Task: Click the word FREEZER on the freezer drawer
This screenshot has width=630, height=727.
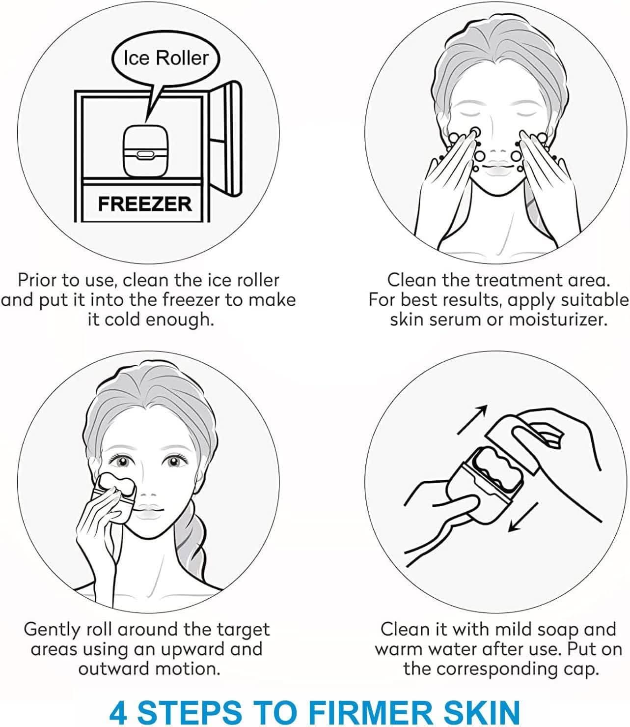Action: click(145, 204)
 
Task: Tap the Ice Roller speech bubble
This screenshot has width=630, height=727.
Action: click(166, 58)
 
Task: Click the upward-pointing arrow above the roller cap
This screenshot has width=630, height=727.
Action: click(472, 420)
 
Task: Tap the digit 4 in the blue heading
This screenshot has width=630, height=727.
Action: click(118, 702)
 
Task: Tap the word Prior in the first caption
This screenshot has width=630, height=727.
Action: click(38, 280)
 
